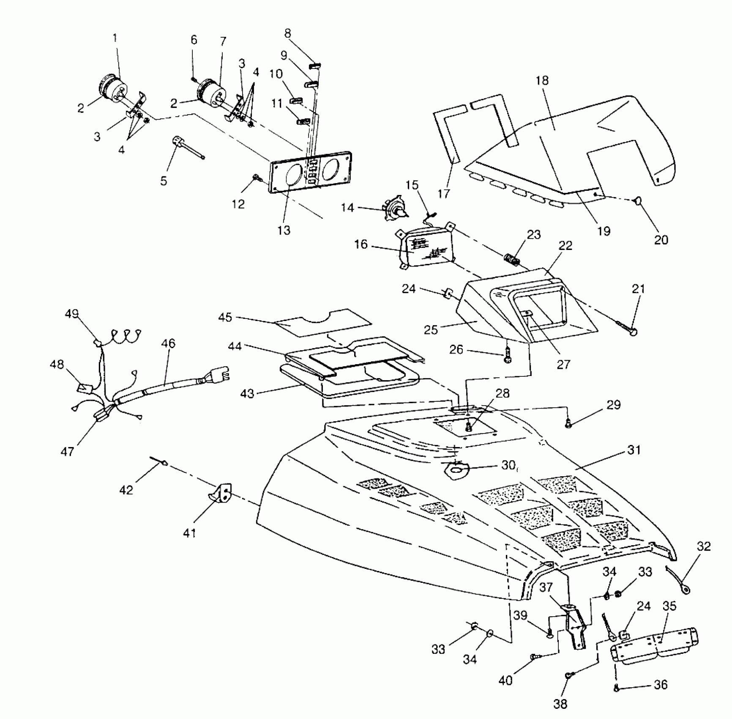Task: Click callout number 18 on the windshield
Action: click(x=542, y=80)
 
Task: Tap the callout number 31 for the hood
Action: click(x=634, y=450)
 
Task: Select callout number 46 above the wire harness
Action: click(x=168, y=343)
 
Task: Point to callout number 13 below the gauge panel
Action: click(x=284, y=230)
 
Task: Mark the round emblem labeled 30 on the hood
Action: click(x=457, y=470)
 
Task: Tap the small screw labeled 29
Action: click(x=569, y=422)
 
